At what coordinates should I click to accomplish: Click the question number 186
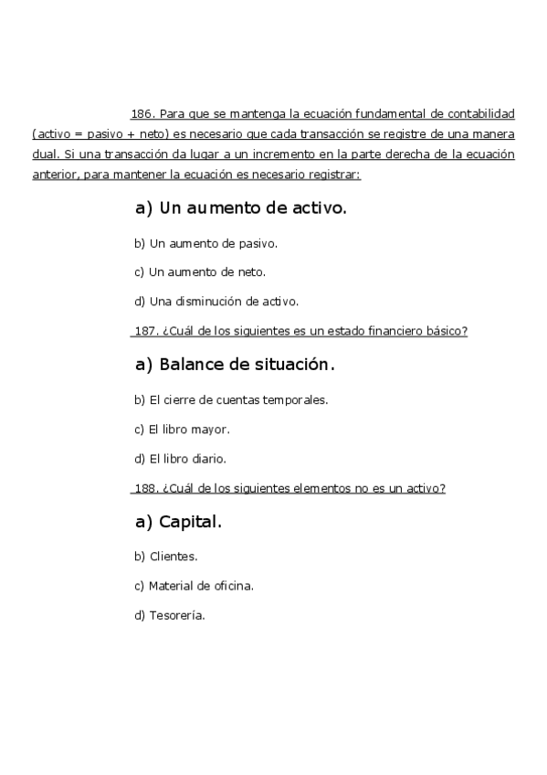(x=142, y=114)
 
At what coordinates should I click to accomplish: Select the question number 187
(x=145, y=331)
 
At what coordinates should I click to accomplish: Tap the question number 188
(x=145, y=488)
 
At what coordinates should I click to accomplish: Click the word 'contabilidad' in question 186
(x=482, y=114)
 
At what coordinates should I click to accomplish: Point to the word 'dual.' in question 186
(x=45, y=154)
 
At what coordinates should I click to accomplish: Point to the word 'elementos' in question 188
(x=322, y=488)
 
